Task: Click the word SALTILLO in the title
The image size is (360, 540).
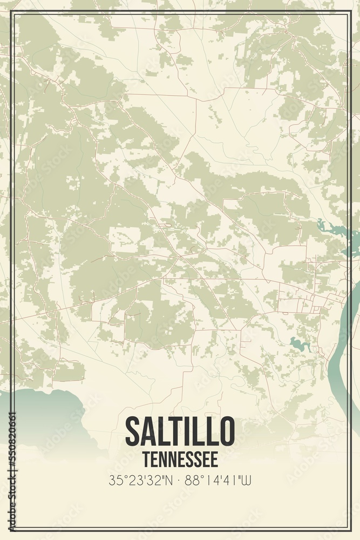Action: (x=180, y=430)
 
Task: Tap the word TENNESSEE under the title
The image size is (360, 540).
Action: (x=180, y=460)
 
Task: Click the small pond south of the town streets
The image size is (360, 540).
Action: (x=296, y=343)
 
